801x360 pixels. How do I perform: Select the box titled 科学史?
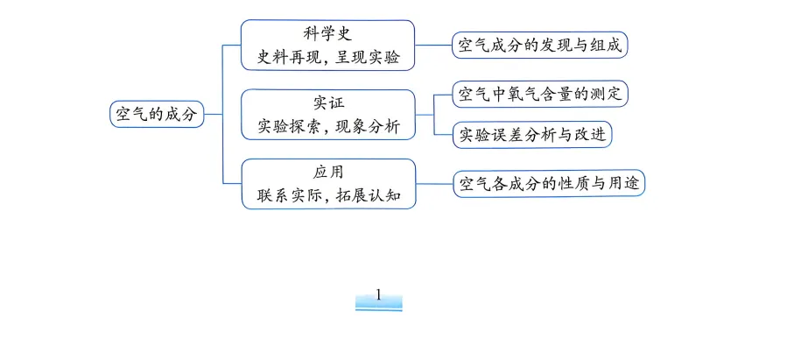click(328, 46)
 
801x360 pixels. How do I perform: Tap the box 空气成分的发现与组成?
click(540, 45)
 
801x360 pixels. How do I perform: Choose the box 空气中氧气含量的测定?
click(540, 94)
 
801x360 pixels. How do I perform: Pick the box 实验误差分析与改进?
click(531, 135)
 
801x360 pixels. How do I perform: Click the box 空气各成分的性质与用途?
click(548, 183)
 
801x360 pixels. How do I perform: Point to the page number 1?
click(378, 294)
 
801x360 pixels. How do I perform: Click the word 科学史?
click(328, 34)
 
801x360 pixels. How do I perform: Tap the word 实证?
click(328, 103)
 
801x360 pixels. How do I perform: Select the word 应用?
click(328, 172)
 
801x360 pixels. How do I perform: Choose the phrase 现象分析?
click(368, 126)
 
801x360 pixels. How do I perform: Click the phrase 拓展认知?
click(369, 195)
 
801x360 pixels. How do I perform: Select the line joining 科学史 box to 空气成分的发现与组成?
click(433, 45)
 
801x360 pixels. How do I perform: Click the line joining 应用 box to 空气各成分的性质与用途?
click(433, 183)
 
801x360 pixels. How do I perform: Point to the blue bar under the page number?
click(378, 306)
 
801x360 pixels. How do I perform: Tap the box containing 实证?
click(328, 114)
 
